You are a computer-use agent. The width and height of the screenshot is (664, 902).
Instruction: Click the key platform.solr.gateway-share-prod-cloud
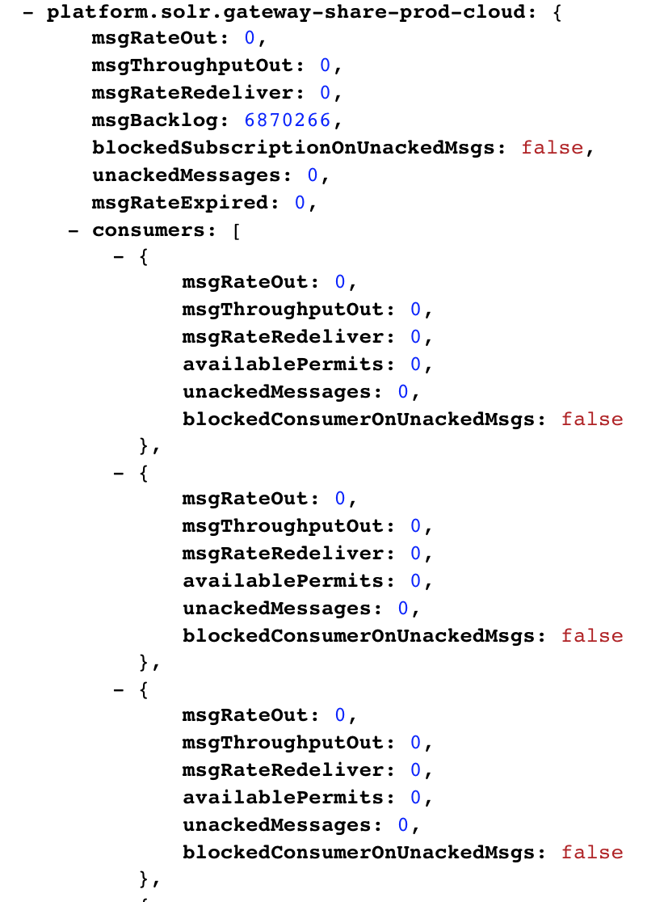coord(286,12)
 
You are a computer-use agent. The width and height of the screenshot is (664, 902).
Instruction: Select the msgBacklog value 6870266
coord(288,120)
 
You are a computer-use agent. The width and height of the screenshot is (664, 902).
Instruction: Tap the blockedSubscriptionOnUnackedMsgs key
coord(292,148)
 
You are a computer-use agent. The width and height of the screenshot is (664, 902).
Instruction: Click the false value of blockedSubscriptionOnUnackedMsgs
coord(553,147)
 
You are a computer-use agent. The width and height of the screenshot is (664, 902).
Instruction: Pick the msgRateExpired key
coord(179,203)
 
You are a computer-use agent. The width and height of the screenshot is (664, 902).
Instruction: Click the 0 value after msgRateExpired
coord(300,203)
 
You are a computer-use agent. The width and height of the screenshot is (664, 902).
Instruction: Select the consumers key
coord(148,230)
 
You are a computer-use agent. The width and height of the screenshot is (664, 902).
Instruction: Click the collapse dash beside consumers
coord(73,231)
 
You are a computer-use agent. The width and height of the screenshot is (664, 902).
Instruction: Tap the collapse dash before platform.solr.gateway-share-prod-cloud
coord(27,13)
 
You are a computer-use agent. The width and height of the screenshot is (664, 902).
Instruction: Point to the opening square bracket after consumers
coord(237,230)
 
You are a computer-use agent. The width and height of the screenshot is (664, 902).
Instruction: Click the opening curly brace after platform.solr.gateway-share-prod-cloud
coord(557,13)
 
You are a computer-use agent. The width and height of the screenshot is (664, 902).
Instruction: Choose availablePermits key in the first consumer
coord(283,365)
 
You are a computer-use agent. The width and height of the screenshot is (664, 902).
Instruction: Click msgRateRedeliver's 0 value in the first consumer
coord(416,336)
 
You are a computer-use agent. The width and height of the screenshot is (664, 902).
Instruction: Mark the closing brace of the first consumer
coord(144,446)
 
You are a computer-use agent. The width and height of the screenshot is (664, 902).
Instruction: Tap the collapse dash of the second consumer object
coord(119,474)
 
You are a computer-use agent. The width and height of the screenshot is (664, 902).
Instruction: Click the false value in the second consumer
coord(592,635)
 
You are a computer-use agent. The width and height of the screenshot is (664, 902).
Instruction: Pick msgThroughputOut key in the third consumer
coord(283,743)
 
